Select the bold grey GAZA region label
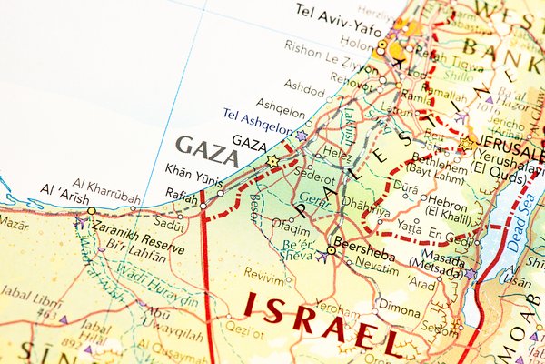coord(207,150)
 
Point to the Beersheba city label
coord(364,243)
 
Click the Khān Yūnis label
coord(193,170)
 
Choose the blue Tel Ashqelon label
coord(258,118)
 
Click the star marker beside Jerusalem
coord(466,144)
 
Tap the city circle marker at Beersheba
coord(331,250)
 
